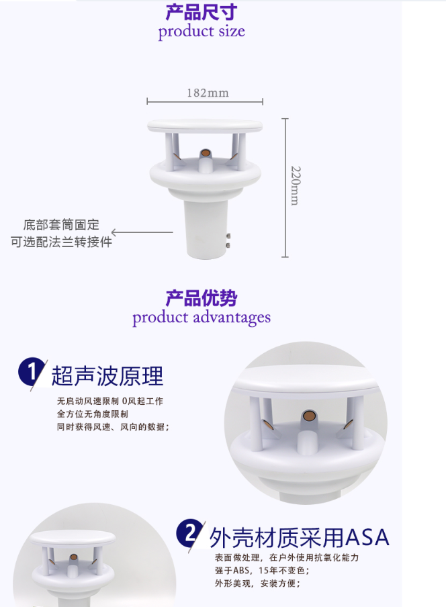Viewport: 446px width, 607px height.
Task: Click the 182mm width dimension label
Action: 208,93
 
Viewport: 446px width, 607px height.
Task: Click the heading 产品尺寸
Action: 201,12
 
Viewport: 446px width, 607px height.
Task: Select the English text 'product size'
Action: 202,32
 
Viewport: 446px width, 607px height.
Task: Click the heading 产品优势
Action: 201,298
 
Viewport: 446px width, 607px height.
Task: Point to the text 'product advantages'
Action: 202,317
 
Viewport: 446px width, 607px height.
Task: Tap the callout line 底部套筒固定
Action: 61,225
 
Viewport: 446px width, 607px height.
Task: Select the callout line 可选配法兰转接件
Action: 61,242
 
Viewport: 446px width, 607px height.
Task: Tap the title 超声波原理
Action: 107,376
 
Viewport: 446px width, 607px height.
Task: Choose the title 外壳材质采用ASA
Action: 299,537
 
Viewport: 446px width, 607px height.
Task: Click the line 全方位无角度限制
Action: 93,414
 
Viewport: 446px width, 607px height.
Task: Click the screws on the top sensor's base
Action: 229,240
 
